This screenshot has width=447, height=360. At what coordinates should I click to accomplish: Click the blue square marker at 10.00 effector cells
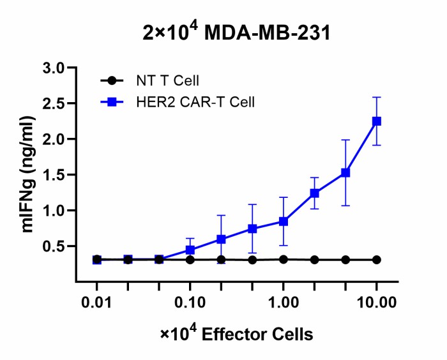click(377, 121)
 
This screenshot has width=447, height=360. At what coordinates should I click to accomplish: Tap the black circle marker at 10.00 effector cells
click(377, 260)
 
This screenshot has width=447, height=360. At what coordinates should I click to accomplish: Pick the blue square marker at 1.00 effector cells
click(284, 221)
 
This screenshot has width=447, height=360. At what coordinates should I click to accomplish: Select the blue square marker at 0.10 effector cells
click(190, 250)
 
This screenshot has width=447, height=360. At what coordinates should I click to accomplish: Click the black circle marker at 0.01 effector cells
click(97, 260)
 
